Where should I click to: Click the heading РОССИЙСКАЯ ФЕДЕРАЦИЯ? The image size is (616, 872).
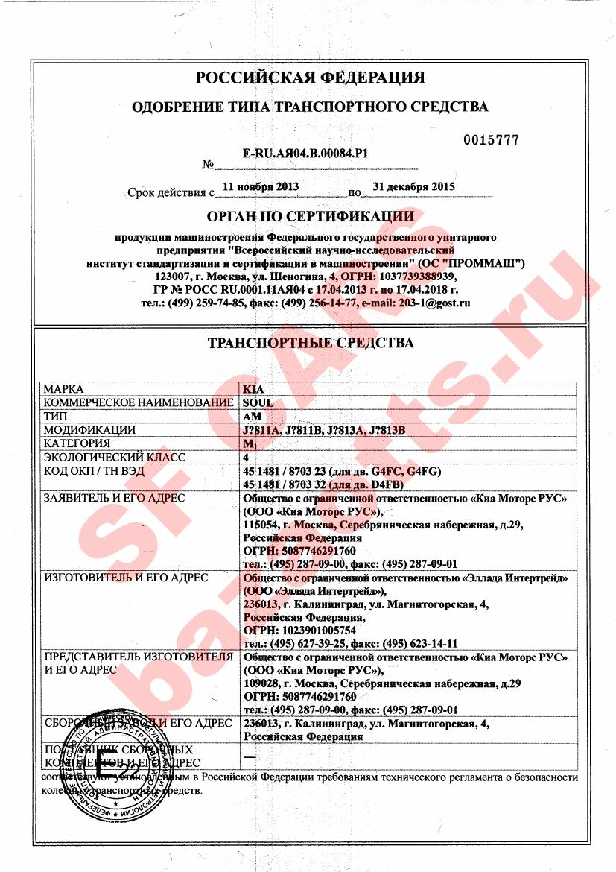pyautogui.click(x=310, y=78)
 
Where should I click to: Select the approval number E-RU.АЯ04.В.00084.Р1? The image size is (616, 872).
pyautogui.click(x=307, y=153)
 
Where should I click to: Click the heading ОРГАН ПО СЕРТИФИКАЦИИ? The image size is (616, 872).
pyautogui.click(x=310, y=217)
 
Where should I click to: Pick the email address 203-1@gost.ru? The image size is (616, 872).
pyautogui.click(x=436, y=303)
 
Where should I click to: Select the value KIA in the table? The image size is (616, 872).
pyautogui.click(x=253, y=389)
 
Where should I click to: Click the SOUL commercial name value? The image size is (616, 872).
pyautogui.click(x=258, y=402)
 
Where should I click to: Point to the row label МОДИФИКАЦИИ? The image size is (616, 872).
pyautogui.click(x=89, y=430)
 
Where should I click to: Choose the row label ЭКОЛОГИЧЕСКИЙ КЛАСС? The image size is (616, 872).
pyautogui.click(x=114, y=457)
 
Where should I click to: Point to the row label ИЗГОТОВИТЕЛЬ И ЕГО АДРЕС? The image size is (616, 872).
pyautogui.click(x=126, y=578)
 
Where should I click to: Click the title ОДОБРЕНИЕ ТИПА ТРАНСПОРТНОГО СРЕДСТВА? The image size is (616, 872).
pyautogui.click(x=310, y=107)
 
